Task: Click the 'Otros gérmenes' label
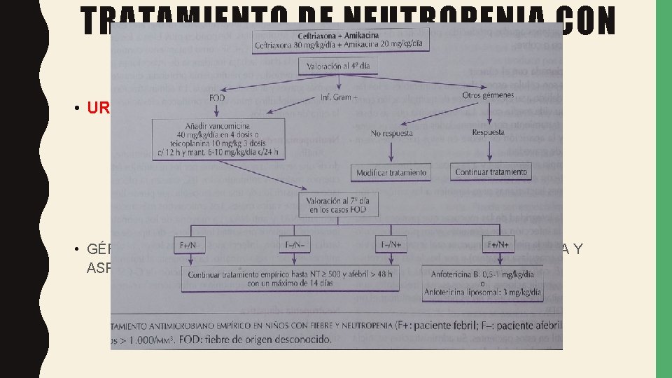[489, 95]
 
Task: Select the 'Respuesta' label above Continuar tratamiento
[487, 132]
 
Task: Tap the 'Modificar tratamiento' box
[393, 172]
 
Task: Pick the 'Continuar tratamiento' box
[491, 172]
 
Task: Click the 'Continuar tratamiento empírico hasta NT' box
[284, 281]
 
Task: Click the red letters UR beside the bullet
[98, 108]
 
